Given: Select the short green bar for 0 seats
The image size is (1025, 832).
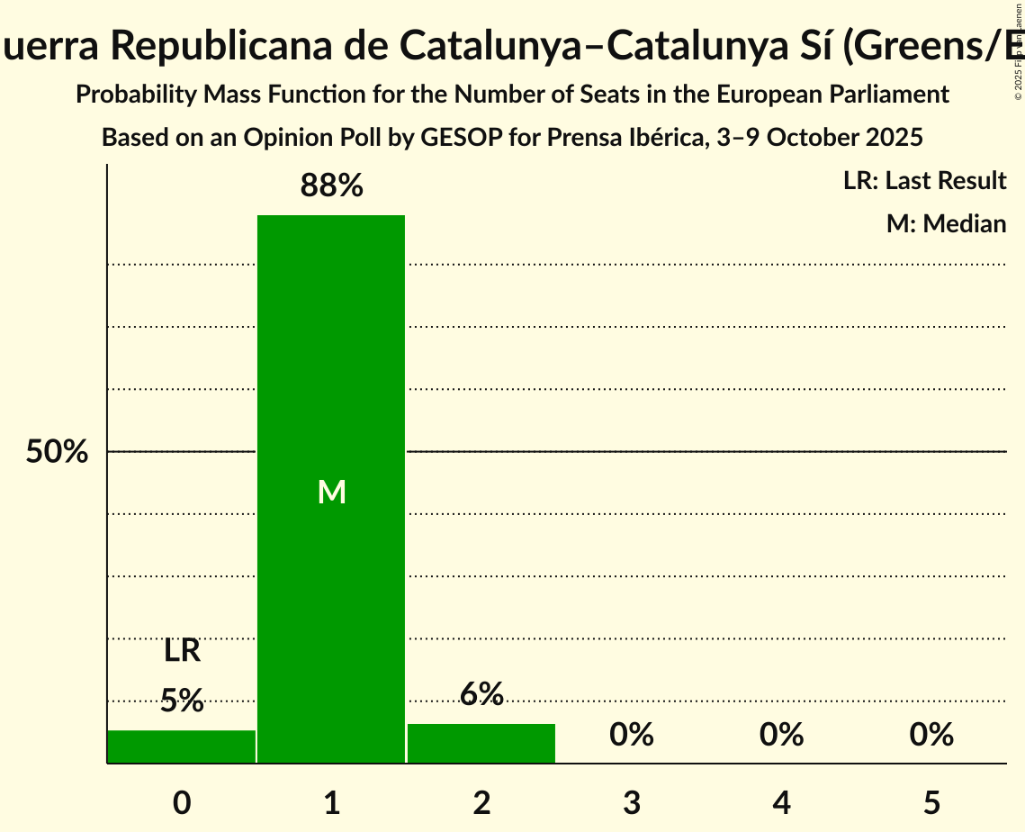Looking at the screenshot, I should click(182, 746).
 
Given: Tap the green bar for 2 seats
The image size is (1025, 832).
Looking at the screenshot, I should click(481, 743).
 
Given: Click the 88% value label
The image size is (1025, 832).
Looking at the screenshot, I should click(331, 186).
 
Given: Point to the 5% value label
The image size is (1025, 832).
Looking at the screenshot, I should click(182, 701).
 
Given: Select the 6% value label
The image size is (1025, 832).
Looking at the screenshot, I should click(481, 694).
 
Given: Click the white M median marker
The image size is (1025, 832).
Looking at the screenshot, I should click(331, 492).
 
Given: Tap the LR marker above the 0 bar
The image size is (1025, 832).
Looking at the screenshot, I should click(182, 651).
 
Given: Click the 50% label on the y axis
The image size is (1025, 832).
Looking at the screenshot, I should click(57, 452).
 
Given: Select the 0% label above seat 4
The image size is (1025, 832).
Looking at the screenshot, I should click(781, 735).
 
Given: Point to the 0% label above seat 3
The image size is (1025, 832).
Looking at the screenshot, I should click(632, 735).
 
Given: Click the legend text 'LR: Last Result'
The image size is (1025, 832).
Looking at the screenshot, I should click(924, 181).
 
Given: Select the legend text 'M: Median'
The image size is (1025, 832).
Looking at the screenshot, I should click(946, 223).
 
